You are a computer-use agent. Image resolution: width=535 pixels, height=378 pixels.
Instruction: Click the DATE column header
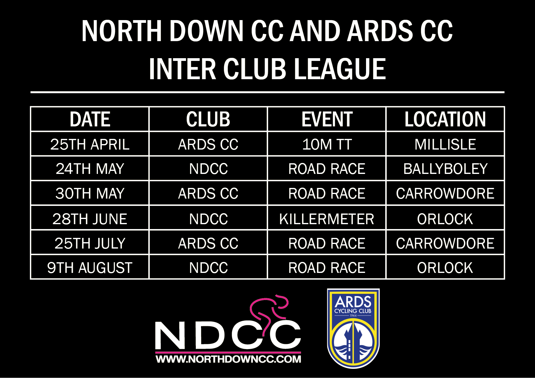click(x=90, y=119)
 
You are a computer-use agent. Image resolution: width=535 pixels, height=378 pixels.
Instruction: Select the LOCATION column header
click(x=445, y=119)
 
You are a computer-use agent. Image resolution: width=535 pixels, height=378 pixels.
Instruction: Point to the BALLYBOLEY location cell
click(x=445, y=169)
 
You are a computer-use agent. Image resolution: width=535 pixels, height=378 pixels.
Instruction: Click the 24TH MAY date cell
click(x=90, y=169)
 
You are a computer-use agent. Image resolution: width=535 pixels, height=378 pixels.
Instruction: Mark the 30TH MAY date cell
click(x=90, y=193)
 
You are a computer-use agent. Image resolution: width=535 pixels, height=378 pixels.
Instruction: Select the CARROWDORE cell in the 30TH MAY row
click(x=445, y=193)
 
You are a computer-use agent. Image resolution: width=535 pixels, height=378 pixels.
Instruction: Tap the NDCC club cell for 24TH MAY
click(x=208, y=169)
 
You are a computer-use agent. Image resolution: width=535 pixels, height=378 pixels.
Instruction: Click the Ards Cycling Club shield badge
click(x=353, y=328)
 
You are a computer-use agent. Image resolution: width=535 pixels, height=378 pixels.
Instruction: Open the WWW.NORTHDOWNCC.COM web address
click(x=228, y=359)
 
